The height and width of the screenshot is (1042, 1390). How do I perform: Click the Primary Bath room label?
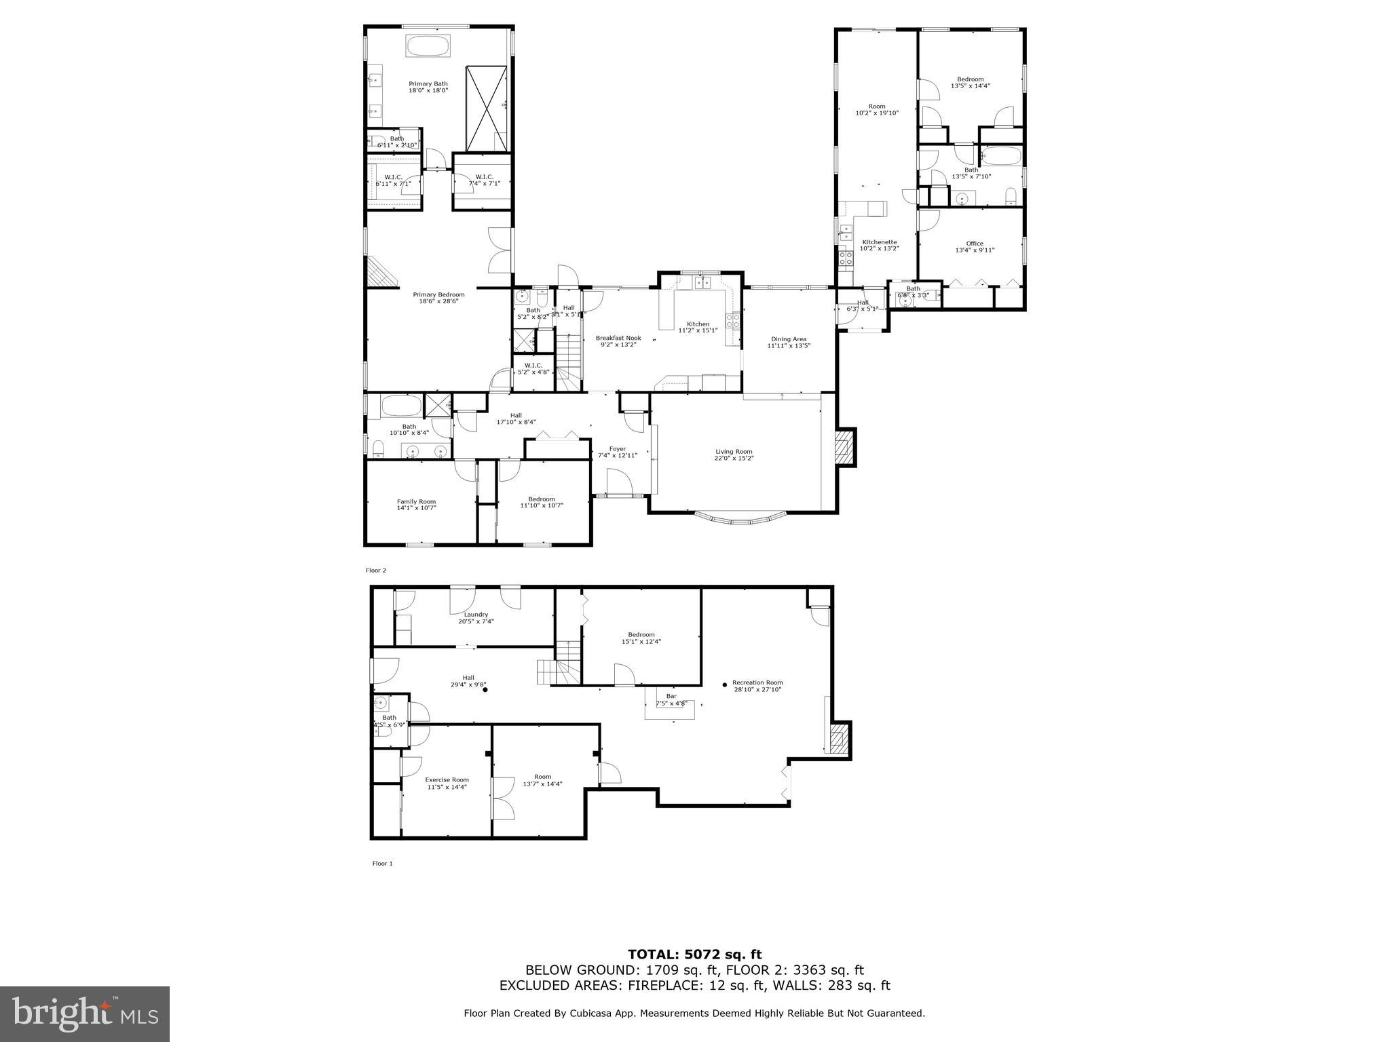[428, 84]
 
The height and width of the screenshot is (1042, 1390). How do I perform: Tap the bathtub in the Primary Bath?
[428, 47]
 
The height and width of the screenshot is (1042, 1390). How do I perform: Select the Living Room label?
[734, 452]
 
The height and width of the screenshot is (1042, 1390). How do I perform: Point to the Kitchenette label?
[880, 242]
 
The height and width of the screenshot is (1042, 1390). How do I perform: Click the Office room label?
[975, 244]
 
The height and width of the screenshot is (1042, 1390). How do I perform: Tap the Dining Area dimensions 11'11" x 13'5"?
[789, 346]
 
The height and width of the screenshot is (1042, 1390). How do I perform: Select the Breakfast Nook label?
[618, 338]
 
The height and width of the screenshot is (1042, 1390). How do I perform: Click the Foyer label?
[617, 448]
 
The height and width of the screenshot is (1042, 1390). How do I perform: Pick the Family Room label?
[416, 501]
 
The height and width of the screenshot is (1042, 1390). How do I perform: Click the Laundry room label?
[476, 615]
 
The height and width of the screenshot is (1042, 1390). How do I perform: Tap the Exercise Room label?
[447, 779]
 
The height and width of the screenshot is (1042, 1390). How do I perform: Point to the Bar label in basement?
[671, 696]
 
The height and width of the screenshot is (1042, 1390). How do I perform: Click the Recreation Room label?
[757, 682]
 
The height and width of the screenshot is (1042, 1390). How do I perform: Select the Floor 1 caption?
[382, 864]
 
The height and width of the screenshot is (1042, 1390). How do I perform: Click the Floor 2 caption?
[375, 571]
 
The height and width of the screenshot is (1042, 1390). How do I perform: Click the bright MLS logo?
[85, 1014]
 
